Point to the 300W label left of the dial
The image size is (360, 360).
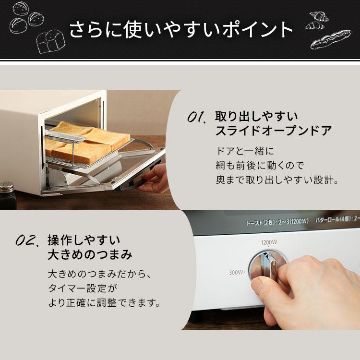[x=237, y=273]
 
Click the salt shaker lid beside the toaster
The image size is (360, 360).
[x=5, y=184]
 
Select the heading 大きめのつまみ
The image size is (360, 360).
[x=90, y=254]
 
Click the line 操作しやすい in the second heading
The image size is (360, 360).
[x=84, y=240]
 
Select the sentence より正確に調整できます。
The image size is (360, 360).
[x=103, y=303]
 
